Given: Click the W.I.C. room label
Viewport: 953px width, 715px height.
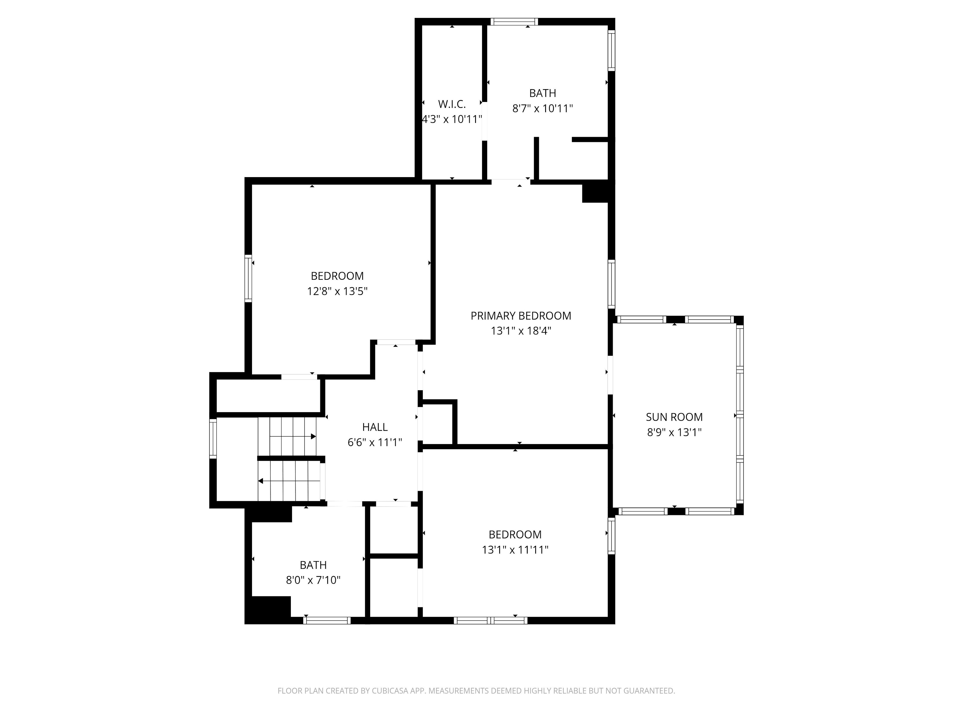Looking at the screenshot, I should click(x=452, y=104).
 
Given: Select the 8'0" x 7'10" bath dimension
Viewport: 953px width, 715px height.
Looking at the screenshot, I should click(x=313, y=580).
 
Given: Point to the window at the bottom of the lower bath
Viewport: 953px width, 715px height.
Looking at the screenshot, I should click(x=327, y=621).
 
